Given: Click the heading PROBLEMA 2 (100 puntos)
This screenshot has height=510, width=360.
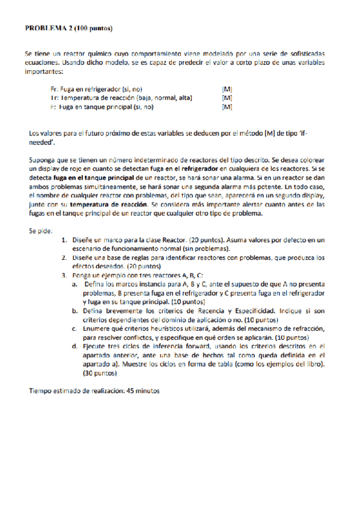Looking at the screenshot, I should coord(68,28).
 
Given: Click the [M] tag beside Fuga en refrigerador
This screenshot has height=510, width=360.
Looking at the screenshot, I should coord(227,88).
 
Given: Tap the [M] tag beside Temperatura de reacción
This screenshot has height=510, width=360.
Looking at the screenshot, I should coord(227,97).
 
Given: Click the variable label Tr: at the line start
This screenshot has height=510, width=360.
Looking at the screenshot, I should coord(54,97).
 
